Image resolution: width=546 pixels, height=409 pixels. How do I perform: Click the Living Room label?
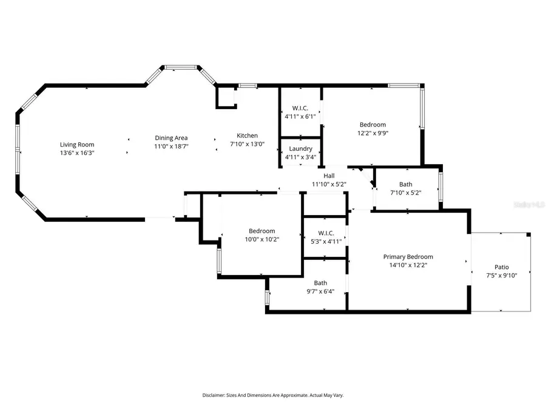[x=77, y=144]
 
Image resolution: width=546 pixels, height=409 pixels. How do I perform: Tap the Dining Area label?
[x=170, y=138]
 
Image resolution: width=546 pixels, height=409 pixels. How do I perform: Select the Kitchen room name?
[x=247, y=136]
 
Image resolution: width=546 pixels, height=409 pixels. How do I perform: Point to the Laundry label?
[x=300, y=149]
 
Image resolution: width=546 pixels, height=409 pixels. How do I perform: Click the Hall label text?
[x=329, y=176]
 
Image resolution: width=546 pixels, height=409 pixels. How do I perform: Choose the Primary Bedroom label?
[x=408, y=256]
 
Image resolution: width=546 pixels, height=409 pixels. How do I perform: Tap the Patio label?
[x=501, y=267]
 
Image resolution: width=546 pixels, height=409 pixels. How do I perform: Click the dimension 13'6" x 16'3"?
[x=77, y=153]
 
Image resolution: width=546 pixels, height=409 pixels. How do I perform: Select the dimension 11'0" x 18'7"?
[x=170, y=146]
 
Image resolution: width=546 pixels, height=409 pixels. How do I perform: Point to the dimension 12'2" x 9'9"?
[x=372, y=133]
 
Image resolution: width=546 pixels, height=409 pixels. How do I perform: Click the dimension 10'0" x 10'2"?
[x=262, y=239]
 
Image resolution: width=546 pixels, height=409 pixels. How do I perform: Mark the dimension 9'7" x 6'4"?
[x=320, y=291]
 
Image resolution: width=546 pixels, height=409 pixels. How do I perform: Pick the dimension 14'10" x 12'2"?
[x=408, y=265]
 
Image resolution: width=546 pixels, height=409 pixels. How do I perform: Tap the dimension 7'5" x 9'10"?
[x=501, y=276]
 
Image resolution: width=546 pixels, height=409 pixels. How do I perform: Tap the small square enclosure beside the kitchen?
[x=226, y=97]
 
